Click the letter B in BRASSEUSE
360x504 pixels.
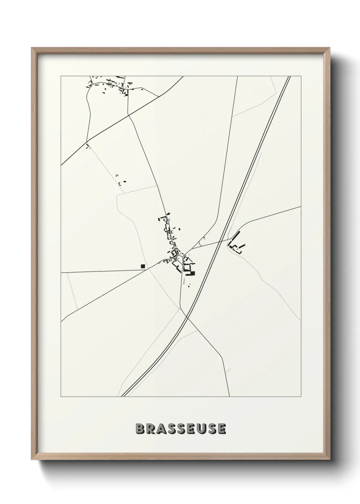[x=140, y=429]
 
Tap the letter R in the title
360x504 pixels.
[x=150, y=429]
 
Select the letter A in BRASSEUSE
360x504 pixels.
[x=161, y=429]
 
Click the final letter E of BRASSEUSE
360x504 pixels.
[x=222, y=429]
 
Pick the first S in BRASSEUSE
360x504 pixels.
[x=171, y=429]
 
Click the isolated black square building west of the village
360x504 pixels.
[x=143, y=266]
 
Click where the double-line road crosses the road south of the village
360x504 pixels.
[x=187, y=318]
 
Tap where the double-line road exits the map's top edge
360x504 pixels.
[x=289, y=77]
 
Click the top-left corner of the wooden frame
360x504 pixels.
[x=32, y=48]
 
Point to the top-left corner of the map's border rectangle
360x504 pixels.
[x=61, y=76]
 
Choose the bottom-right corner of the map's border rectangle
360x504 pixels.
[x=301, y=397]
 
